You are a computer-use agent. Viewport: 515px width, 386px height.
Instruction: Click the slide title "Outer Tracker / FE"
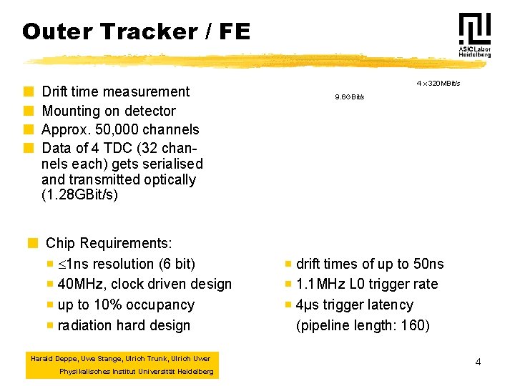pyautogui.click(x=136, y=31)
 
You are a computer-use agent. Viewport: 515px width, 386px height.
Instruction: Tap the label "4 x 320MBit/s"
pyautogui.click(x=438, y=84)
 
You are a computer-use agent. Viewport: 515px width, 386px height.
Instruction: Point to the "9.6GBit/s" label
pyautogui.click(x=349, y=96)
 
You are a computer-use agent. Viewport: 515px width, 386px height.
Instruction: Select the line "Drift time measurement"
pyautogui.click(x=115, y=91)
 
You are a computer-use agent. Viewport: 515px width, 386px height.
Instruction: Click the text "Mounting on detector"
pyautogui.click(x=108, y=111)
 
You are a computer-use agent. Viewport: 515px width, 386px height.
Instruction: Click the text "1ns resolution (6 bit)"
pyautogui.click(x=130, y=264)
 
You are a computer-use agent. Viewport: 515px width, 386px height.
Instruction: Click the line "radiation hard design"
pyautogui.click(x=124, y=325)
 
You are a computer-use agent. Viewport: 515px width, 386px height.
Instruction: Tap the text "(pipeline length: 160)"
pyautogui.click(x=363, y=325)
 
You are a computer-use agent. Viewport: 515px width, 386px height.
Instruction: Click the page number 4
pyautogui.click(x=478, y=362)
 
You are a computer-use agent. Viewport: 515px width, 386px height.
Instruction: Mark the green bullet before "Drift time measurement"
pyautogui.click(x=28, y=91)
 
